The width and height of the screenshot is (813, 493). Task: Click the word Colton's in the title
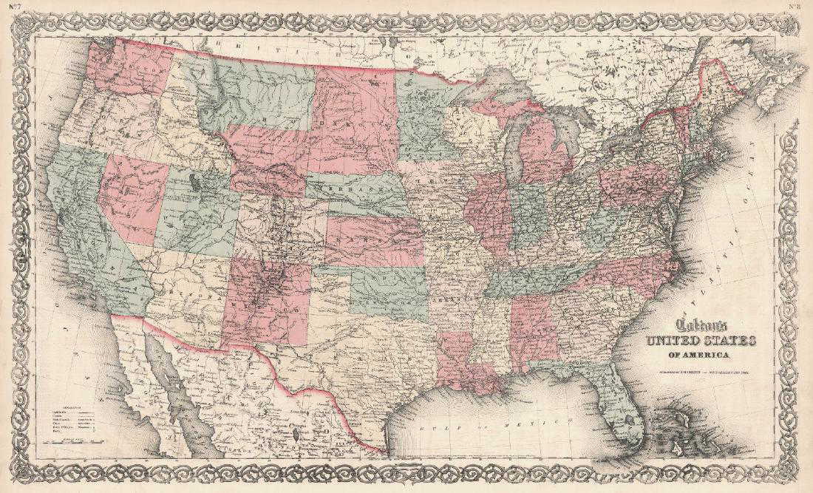[x=699, y=326]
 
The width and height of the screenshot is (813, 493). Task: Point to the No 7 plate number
[x=14, y=7]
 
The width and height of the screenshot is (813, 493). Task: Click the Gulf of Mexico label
[x=473, y=428]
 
